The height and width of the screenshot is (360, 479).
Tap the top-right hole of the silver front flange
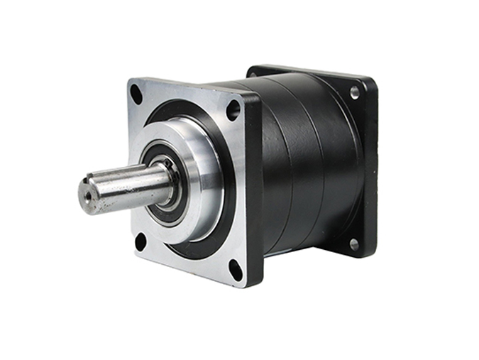tap(233, 110)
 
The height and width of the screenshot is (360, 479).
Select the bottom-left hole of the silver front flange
tap(141, 241)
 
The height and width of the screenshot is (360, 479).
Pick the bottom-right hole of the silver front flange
tap(235, 268)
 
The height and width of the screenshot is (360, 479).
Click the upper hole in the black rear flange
tap(355, 92)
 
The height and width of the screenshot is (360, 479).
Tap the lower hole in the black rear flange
tap(353, 245)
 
